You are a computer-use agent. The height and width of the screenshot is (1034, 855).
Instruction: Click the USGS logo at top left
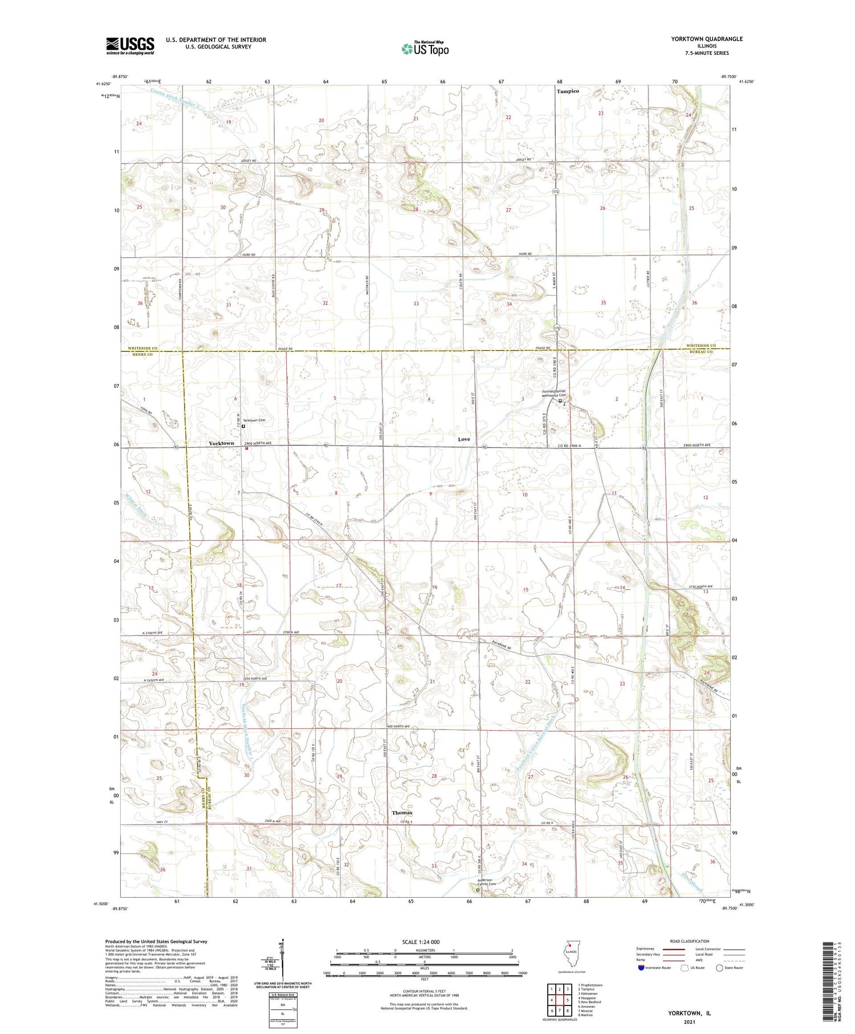pyautogui.click(x=130, y=46)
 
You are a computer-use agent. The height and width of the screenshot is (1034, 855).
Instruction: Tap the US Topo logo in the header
pyautogui.click(x=425, y=49)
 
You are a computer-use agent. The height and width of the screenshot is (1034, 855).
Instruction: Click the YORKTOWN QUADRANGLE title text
pyautogui.click(x=706, y=39)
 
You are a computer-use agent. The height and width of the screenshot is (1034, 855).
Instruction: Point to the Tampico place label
pyautogui.click(x=567, y=91)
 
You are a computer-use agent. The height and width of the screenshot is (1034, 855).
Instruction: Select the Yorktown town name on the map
pyautogui.click(x=221, y=443)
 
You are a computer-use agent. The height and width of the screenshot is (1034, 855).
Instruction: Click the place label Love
pyautogui.click(x=464, y=439)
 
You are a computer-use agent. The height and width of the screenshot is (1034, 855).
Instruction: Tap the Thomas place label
pyautogui.click(x=402, y=812)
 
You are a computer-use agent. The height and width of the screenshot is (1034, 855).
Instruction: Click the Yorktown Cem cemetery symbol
pyautogui.click(x=243, y=426)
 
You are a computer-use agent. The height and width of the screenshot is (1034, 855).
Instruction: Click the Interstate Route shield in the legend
pyautogui.click(x=641, y=968)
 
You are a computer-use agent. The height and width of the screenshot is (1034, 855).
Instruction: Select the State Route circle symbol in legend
pyautogui.click(x=720, y=968)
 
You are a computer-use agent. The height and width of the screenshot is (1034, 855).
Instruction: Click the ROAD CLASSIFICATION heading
pyautogui.click(x=690, y=941)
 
